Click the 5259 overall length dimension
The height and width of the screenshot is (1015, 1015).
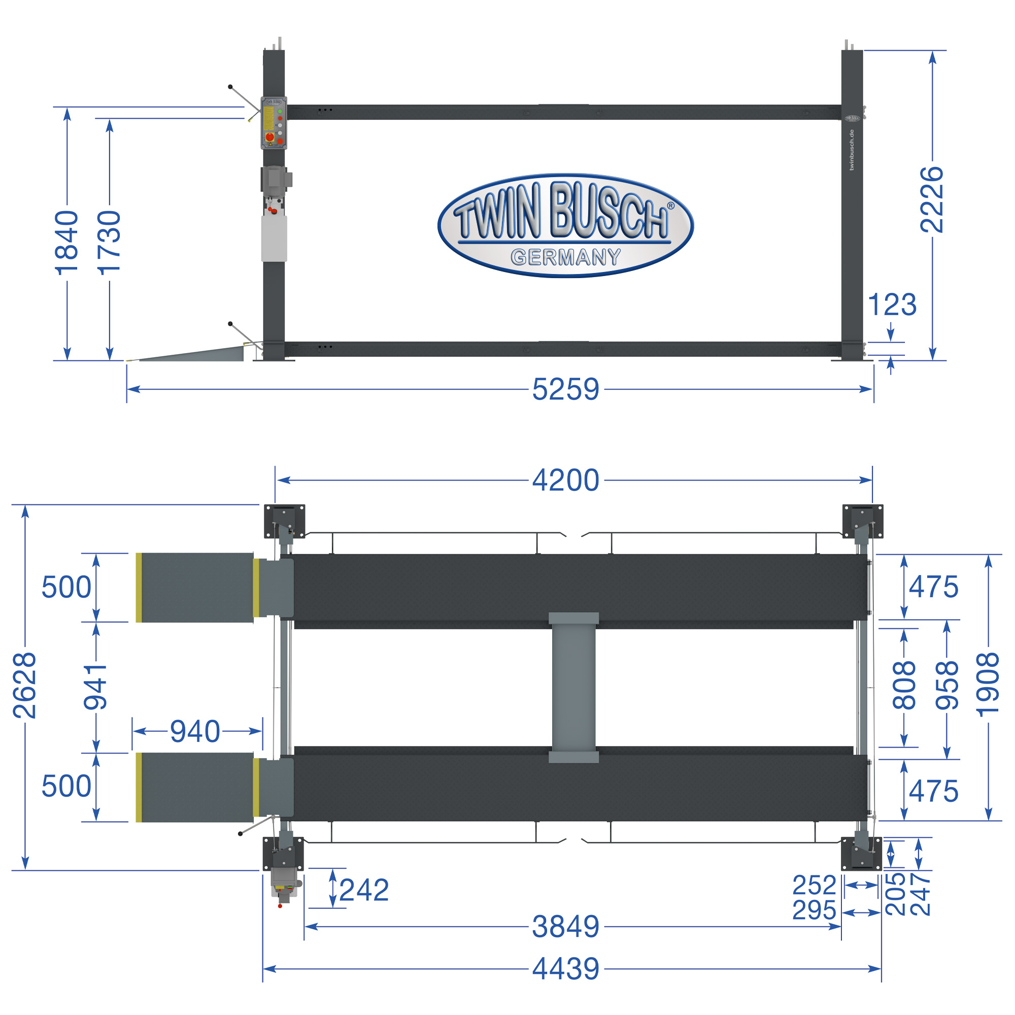tap(565, 389)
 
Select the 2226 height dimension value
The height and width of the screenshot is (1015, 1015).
tap(932, 199)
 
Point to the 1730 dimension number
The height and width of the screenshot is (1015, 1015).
tap(110, 243)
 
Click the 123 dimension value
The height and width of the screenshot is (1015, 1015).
tap(892, 304)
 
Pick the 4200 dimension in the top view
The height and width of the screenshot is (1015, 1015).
tap(565, 480)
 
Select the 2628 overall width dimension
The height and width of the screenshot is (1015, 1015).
tap(25, 685)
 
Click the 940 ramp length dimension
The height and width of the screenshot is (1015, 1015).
tap(195, 731)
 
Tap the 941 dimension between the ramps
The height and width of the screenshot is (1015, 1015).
tap(95, 686)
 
